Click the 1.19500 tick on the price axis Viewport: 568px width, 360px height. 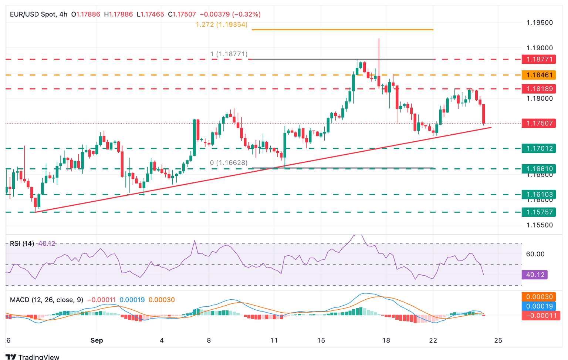(540, 23)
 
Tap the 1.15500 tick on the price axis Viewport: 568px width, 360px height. (540, 225)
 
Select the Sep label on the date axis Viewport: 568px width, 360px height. (97, 340)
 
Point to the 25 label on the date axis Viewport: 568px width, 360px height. (498, 340)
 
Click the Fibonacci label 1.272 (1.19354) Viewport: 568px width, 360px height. (222, 25)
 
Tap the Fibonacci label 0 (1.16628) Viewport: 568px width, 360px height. (229, 163)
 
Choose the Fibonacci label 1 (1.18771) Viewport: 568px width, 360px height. (229, 54)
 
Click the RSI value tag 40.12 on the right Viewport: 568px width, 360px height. (534, 275)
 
